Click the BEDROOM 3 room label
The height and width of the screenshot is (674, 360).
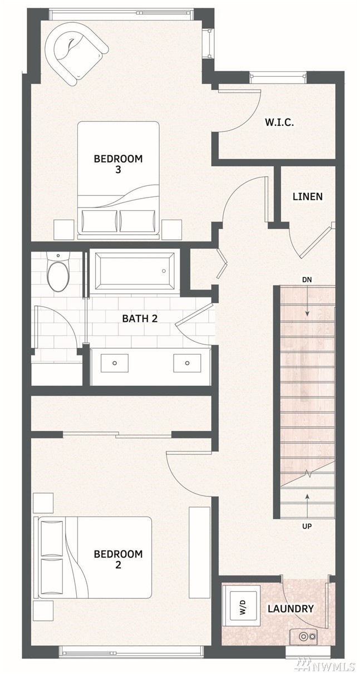pos(118,164)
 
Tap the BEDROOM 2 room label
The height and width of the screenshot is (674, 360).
pos(118,559)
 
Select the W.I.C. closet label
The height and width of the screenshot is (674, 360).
pos(279,122)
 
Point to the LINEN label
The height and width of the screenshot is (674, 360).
pos(308,197)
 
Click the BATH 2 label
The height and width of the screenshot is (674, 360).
pos(140,318)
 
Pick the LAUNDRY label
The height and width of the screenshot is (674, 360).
pos(290,607)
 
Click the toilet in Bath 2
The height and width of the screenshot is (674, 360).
pos(58,272)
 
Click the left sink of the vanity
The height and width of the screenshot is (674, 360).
pos(115,363)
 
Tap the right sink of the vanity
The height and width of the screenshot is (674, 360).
pos(187,363)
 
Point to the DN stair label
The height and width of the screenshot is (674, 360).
pos(307,280)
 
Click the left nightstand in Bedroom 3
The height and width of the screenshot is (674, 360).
pos(64,229)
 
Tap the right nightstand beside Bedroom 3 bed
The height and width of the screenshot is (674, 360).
pos(172,229)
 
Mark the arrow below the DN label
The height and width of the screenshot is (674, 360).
pos(307,301)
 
